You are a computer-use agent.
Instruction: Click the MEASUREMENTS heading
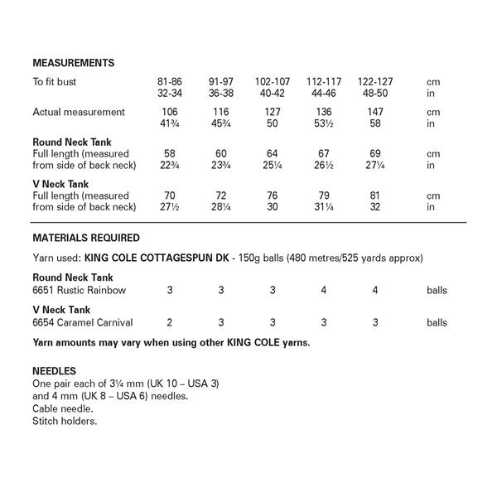click(73, 63)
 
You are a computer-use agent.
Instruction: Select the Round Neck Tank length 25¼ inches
click(273, 165)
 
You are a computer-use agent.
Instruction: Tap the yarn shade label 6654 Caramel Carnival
click(82, 322)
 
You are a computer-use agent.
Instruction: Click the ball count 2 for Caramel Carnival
click(170, 322)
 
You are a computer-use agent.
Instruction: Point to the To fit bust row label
click(60, 83)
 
